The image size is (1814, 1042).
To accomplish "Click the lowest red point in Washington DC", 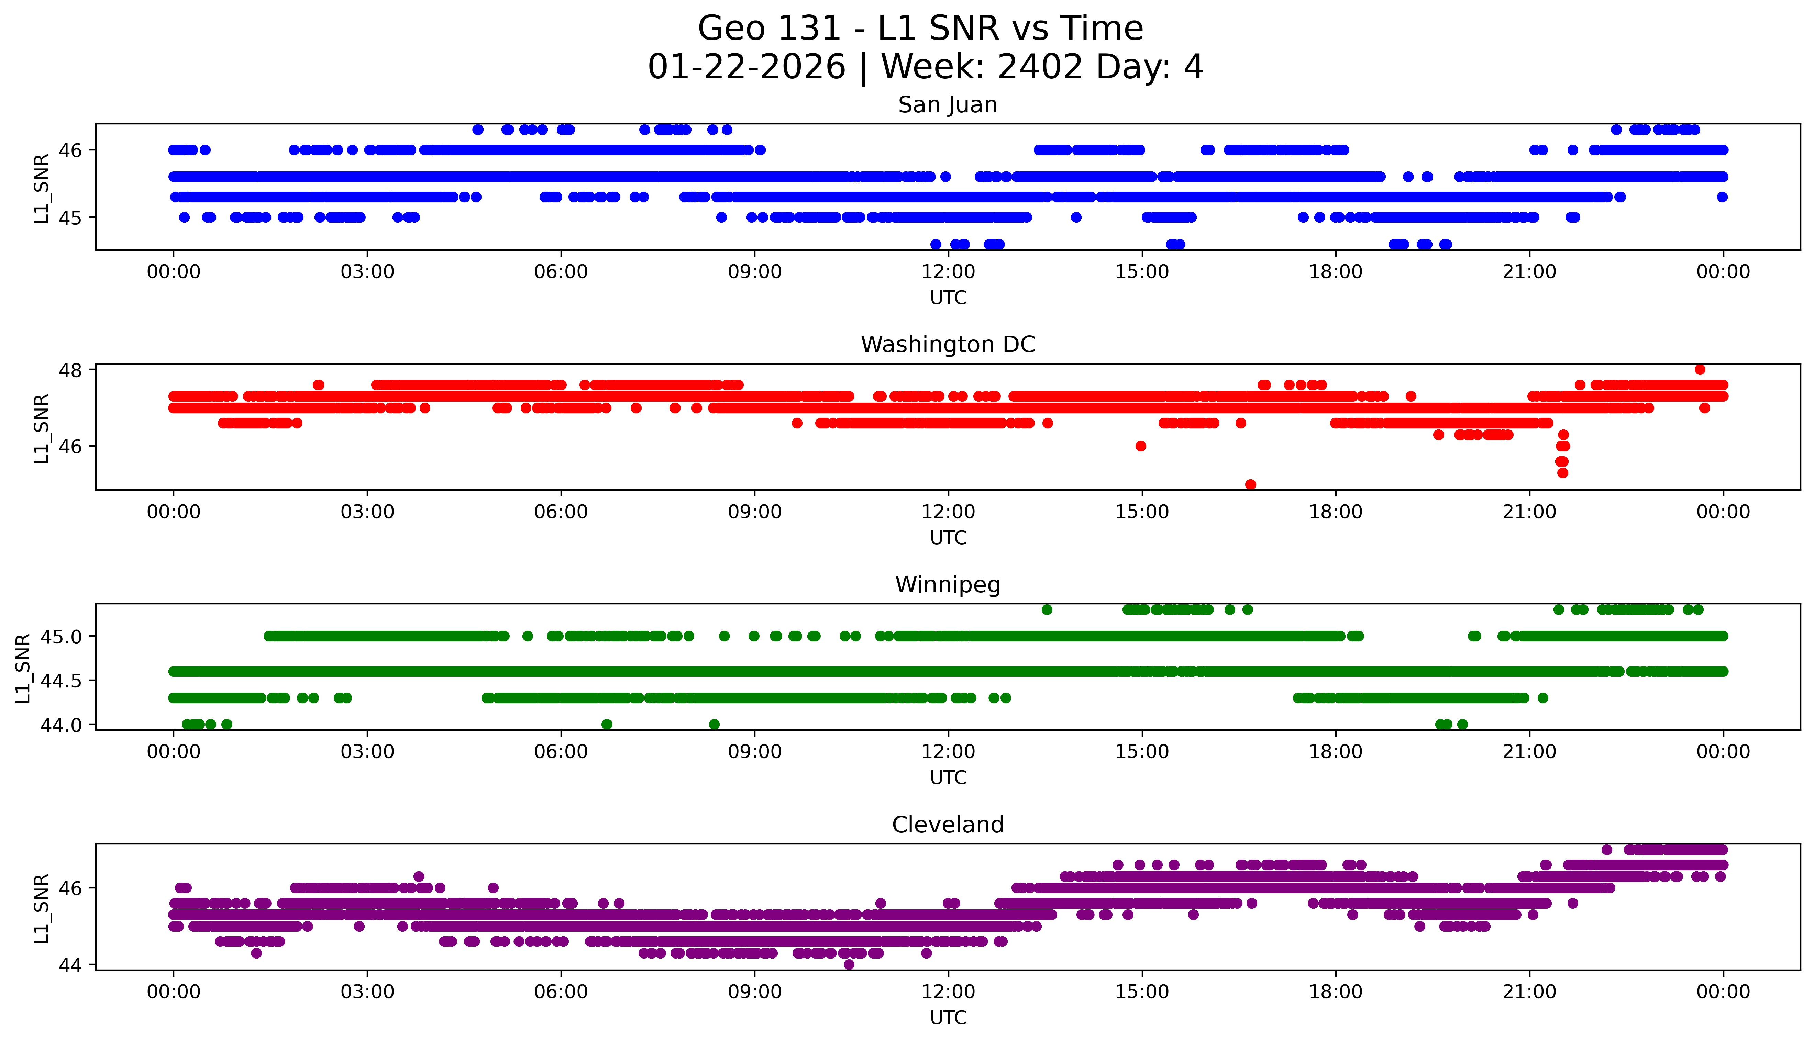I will coord(1251,484).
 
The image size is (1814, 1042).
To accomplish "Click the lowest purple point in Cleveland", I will coord(849,965).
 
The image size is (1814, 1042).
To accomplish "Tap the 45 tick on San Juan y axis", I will coord(70,217).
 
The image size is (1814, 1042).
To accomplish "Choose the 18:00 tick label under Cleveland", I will coord(1336,992).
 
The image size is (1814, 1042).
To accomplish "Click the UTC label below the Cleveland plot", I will coord(948,1017).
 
